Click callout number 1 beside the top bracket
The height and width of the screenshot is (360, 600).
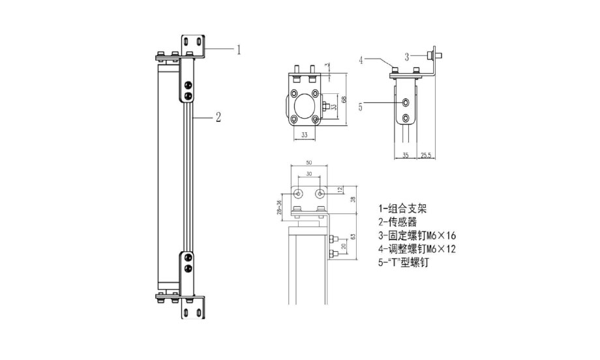239,50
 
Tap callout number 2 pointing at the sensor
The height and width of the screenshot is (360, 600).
218,117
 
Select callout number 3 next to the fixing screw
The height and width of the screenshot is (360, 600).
407,56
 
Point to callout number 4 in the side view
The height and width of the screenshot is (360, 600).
360,60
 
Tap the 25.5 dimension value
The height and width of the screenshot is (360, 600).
425,156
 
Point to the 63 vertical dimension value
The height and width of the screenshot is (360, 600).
353,237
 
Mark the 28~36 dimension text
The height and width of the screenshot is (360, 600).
279,203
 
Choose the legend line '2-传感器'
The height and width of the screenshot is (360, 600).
397,222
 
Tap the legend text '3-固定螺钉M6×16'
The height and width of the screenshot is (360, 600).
418,236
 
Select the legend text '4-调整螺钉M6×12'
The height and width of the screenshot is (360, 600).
418,250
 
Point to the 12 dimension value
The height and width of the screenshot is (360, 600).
340,190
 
